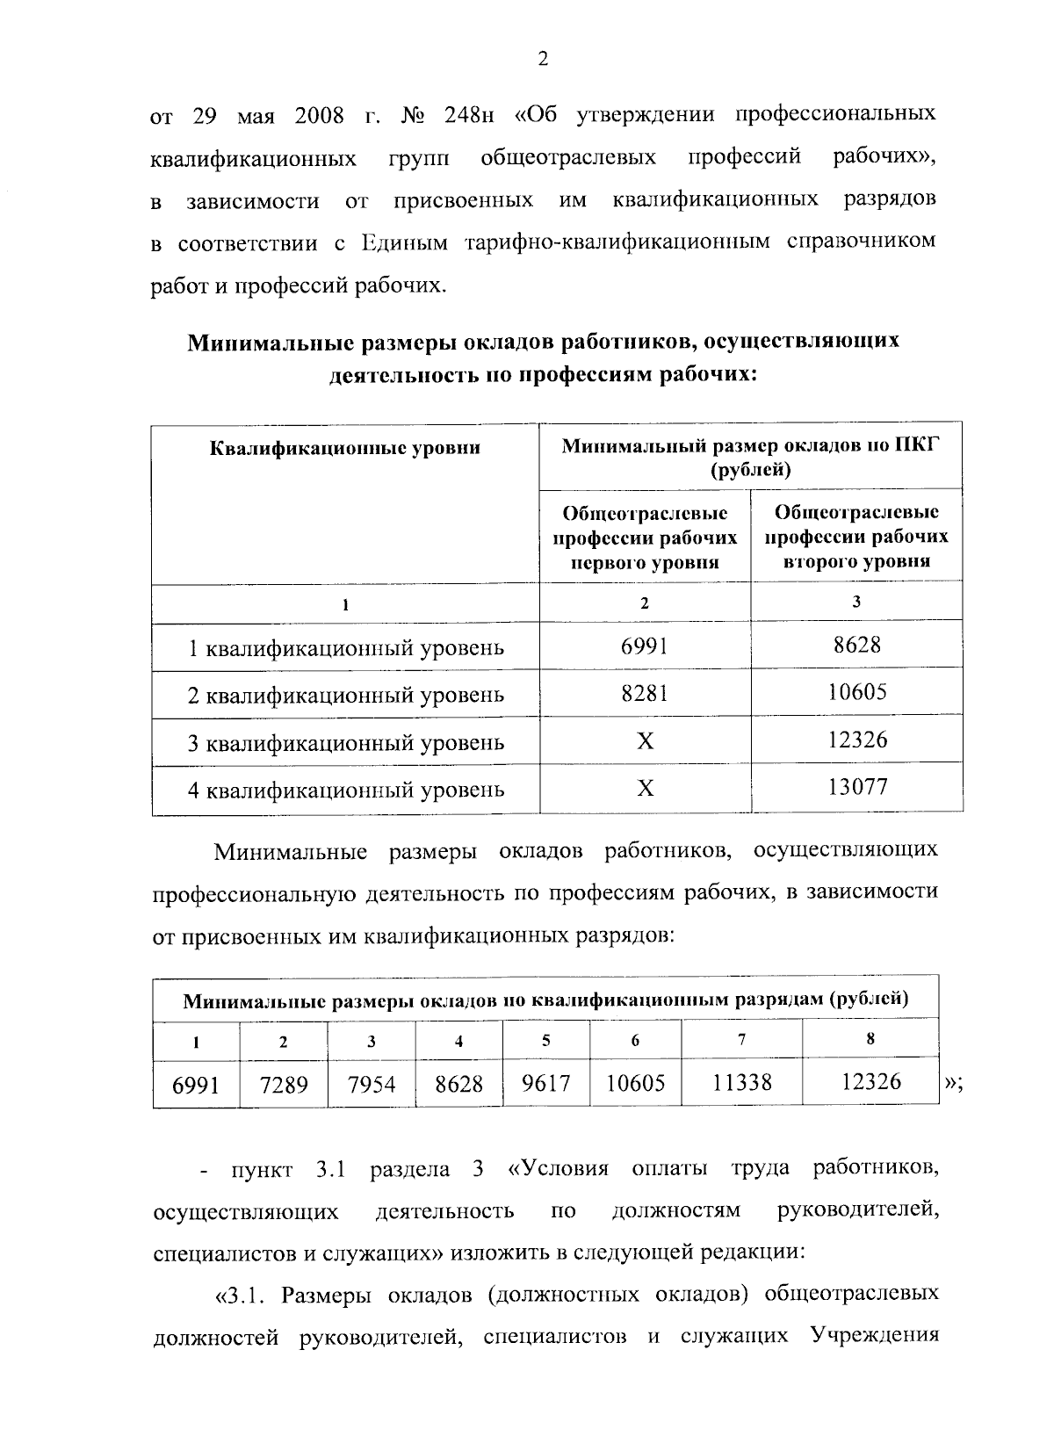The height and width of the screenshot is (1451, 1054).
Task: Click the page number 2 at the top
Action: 542,60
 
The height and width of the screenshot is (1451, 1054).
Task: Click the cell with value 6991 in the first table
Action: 645,646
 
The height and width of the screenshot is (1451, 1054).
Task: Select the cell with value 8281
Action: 645,694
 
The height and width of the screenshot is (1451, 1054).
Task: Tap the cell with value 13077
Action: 857,786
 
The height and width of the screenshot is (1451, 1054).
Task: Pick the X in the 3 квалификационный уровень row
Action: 645,742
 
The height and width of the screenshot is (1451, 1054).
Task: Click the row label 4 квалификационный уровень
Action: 346,790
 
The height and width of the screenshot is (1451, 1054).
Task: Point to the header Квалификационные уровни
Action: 345,448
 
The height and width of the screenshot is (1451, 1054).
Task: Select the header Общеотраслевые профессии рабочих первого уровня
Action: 645,537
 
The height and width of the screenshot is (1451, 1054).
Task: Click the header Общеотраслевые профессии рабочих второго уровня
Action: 856,536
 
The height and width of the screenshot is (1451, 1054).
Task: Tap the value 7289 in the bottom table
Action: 284,1086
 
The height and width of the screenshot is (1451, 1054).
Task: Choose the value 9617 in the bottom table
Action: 546,1083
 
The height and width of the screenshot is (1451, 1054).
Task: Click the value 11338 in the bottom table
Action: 741,1082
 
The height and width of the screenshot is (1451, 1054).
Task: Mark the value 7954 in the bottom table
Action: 372,1086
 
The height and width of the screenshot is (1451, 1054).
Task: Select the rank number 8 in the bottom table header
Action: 870,1038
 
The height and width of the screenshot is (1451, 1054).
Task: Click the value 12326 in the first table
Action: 857,739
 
